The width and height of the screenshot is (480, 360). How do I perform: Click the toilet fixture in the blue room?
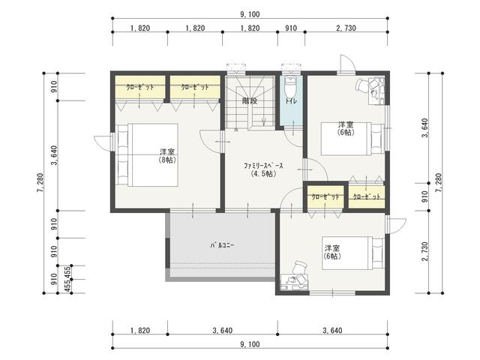coord(290,87)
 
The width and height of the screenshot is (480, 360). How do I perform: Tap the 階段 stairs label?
coord(249,100)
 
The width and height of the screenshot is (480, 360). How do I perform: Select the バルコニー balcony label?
coord(222,245)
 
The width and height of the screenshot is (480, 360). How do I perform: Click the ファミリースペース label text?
coord(263,166)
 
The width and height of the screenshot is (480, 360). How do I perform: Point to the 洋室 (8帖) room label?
coord(167,155)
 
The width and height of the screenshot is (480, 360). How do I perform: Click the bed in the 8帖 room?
coord(147,155)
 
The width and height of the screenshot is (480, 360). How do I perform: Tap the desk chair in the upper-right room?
coord(362,84)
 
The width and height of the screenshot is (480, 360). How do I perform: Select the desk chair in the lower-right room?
coord(300,268)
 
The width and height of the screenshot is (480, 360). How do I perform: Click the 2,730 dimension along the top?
coord(346,28)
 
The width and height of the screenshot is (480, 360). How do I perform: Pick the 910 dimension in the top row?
coord(291,28)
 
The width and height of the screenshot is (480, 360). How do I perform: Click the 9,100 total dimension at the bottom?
coord(250,344)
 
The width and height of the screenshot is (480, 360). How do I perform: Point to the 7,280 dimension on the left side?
coord(40,183)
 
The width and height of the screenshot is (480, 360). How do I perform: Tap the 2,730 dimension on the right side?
coord(424,252)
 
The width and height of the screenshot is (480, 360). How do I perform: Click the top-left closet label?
coord(140,87)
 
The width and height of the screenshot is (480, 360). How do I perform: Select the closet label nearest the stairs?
coord(195,87)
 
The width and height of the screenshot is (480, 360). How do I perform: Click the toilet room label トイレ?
coord(291,100)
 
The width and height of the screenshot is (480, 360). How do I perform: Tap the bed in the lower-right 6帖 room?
coord(353,253)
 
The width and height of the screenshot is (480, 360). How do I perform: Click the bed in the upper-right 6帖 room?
coord(352,139)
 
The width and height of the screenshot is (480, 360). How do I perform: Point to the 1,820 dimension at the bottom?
coord(140,331)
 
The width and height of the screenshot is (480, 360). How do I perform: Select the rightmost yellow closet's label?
coord(367,196)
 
